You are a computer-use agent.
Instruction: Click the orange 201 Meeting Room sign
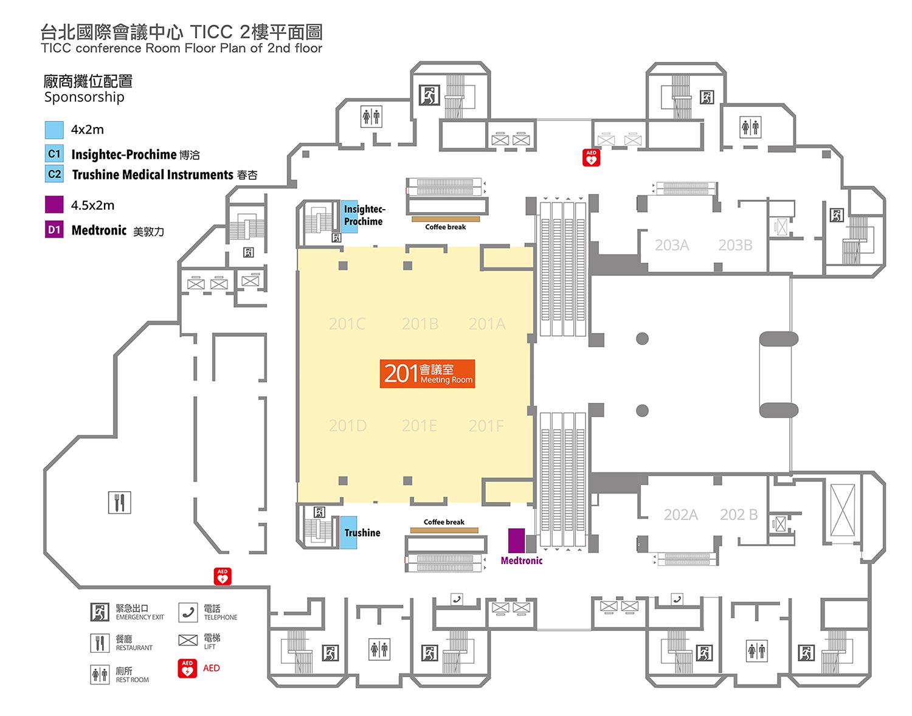[x=427, y=374]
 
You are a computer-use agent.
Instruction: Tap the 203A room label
[x=672, y=245]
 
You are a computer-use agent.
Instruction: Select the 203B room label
[x=735, y=245]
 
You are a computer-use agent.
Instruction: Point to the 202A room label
[x=680, y=515]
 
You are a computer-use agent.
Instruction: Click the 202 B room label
[x=739, y=515]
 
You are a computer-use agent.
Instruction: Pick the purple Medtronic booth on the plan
[x=516, y=540]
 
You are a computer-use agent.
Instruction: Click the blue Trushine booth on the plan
[x=348, y=532]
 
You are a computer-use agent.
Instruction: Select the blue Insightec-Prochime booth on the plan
[x=349, y=216]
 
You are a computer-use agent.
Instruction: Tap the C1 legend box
[x=54, y=154]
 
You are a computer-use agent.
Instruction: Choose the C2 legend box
[x=54, y=174]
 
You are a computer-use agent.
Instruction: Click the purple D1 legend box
[x=54, y=230]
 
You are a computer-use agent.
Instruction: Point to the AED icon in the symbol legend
[x=187, y=669]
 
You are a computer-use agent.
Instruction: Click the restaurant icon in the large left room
[x=119, y=503]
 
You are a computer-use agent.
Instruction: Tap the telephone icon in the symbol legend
[x=188, y=613]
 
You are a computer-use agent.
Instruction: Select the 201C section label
[x=347, y=324]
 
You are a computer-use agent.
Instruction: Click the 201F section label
[x=486, y=426]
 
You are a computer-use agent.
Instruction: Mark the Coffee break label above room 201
[x=446, y=227]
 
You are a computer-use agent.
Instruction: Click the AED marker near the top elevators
[x=591, y=158]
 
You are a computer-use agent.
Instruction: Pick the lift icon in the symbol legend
[x=188, y=640]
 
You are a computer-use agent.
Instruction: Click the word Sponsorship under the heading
[x=84, y=97]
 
